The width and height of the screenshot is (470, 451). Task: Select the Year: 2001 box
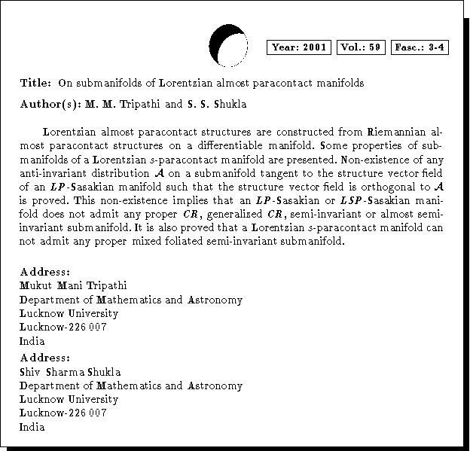(x=299, y=47)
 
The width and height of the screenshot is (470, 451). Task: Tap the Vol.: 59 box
(x=362, y=47)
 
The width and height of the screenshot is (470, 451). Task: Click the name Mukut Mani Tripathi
(x=73, y=286)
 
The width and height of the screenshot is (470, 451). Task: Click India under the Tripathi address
(x=32, y=341)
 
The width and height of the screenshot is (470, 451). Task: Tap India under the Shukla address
(x=32, y=427)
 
